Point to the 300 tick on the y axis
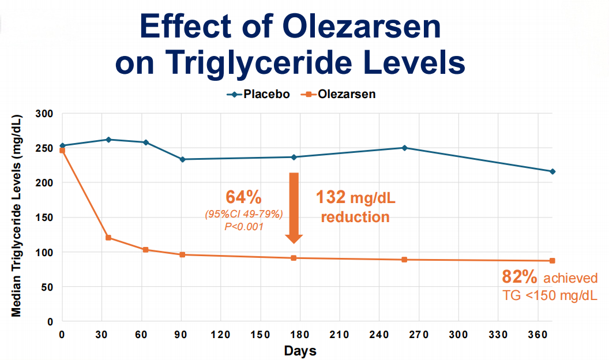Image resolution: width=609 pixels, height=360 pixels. pyautogui.click(x=46, y=114)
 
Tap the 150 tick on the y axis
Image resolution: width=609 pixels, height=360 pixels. pyautogui.click(x=46, y=217)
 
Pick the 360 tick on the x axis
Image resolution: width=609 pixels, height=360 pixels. pyautogui.click(x=537, y=334)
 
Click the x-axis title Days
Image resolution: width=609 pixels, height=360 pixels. pyautogui.click(x=300, y=350)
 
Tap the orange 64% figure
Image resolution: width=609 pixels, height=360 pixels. pyautogui.click(x=243, y=197)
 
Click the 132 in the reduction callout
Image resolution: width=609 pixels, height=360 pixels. pyautogui.click(x=331, y=198)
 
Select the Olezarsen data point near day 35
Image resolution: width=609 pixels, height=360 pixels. pyautogui.click(x=108, y=238)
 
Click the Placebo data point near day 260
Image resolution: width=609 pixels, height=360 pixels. pyautogui.click(x=404, y=148)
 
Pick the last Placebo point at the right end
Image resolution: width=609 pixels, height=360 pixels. pyautogui.click(x=552, y=171)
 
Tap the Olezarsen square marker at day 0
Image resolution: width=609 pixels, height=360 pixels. pyautogui.click(x=62, y=151)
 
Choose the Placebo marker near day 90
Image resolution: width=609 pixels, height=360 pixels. pyautogui.click(x=182, y=159)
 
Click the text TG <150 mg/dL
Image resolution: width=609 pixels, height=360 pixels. pyautogui.click(x=550, y=296)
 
